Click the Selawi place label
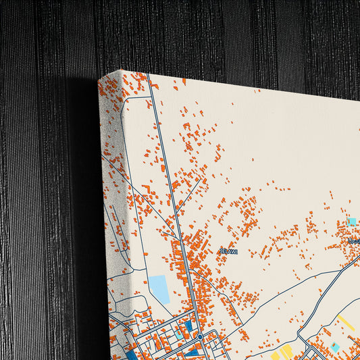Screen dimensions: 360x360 point(228,251)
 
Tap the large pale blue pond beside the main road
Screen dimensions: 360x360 point(159,288)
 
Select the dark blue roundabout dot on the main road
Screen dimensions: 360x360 point(200,336)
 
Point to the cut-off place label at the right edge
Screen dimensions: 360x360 point(354,241)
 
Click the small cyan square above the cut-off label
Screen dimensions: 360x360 point(352,221)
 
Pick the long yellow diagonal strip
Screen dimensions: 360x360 point(346,322)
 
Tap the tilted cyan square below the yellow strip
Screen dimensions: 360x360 point(334,346)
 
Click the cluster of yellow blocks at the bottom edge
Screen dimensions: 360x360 point(284,352)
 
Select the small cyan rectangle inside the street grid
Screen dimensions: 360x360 point(179,333)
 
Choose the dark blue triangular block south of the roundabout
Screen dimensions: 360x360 point(194,351)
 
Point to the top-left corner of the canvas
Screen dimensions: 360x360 point(120,71)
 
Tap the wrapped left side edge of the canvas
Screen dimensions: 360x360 point(109,203)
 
